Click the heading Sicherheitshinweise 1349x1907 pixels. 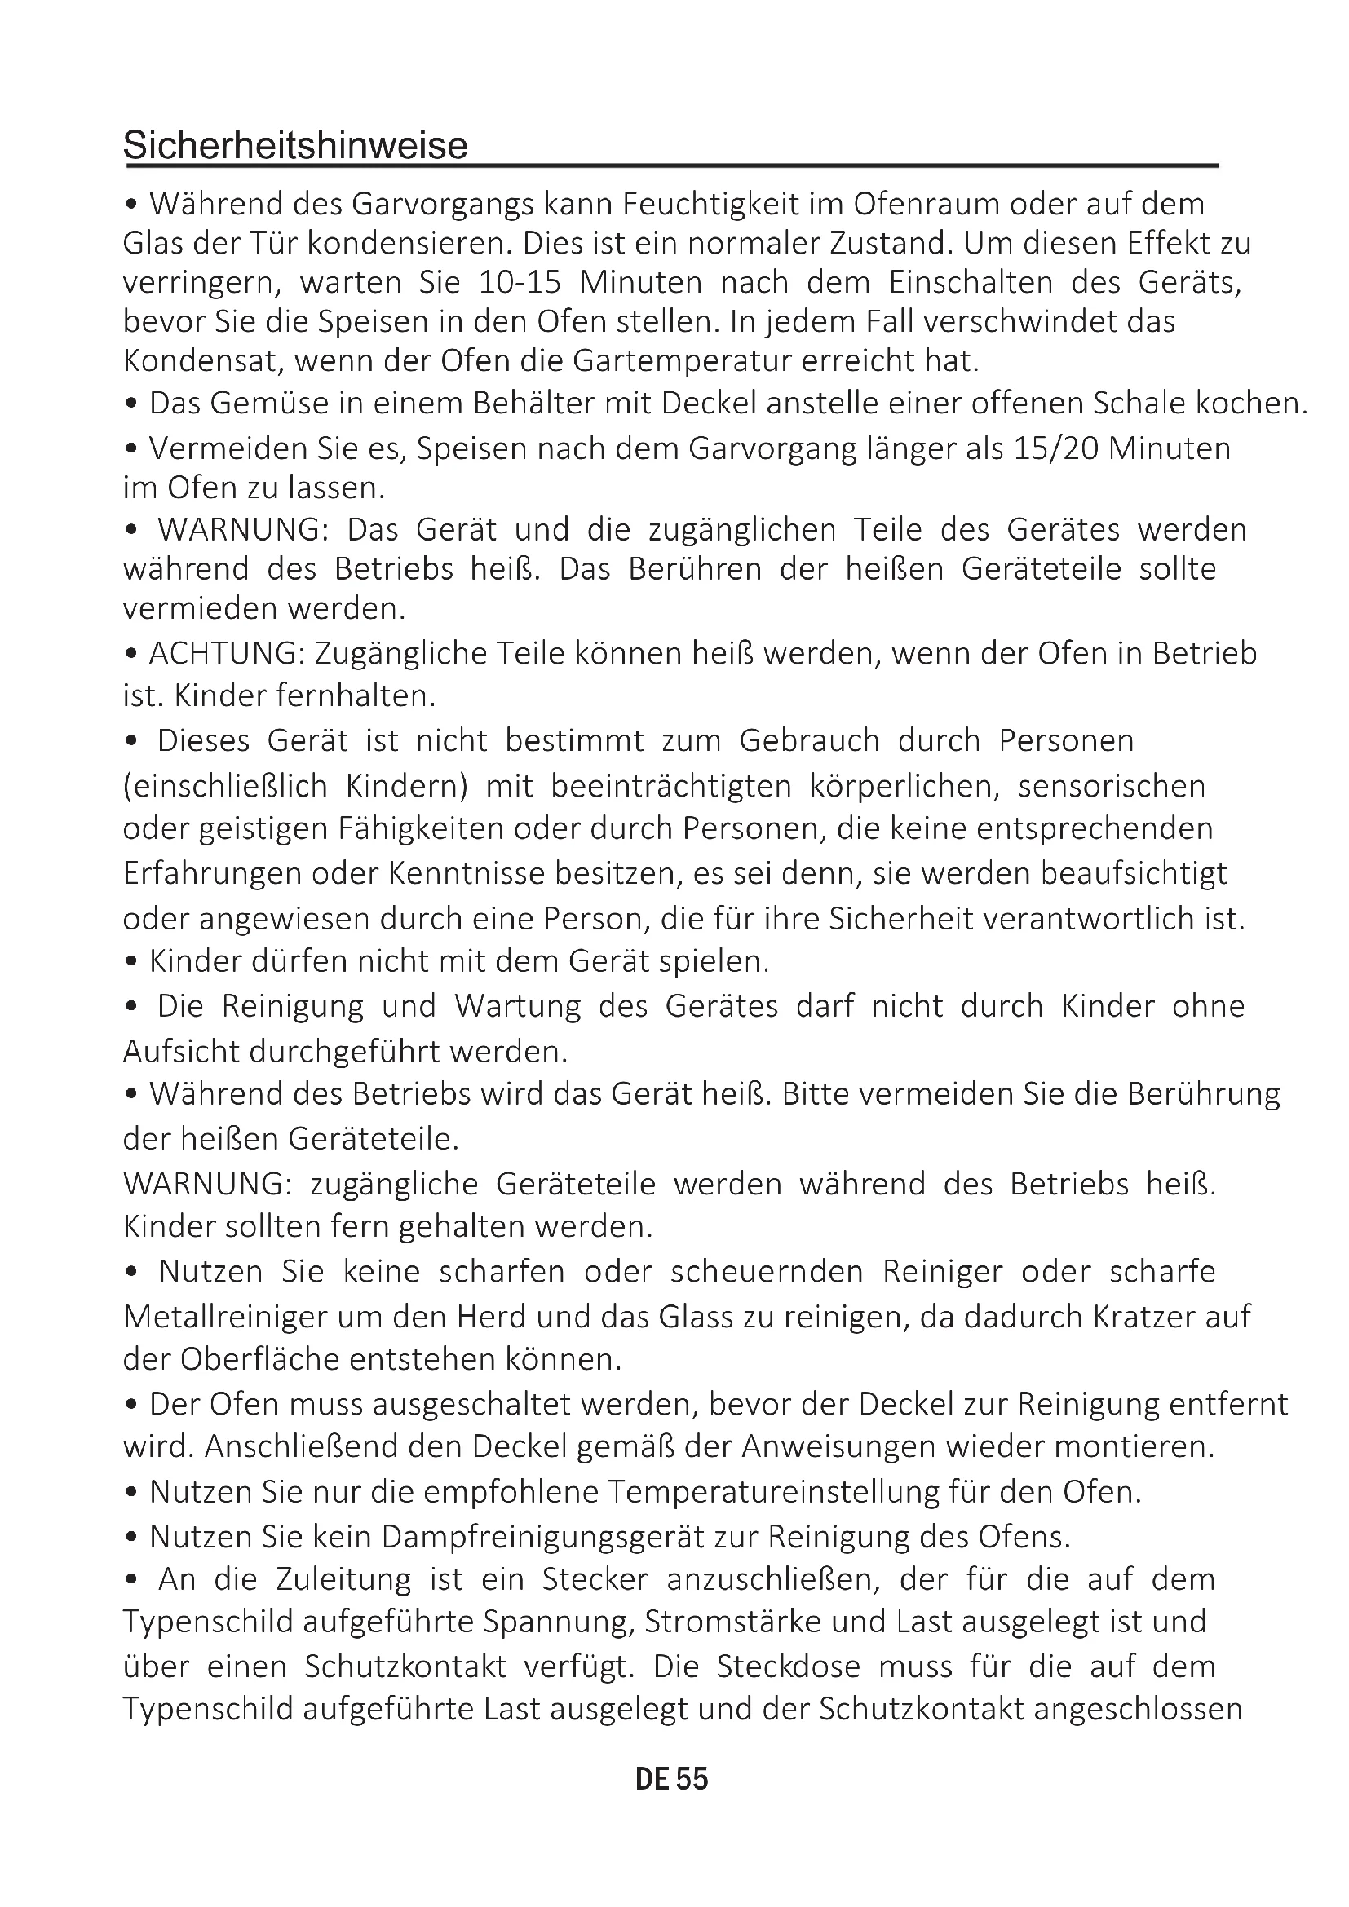pyautogui.click(x=296, y=145)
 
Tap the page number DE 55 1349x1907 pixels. pyautogui.click(x=671, y=1778)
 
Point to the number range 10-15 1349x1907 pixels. pyautogui.click(x=520, y=282)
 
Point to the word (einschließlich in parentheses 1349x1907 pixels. pyautogui.click(x=225, y=786)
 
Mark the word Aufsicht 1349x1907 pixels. pyautogui.click(x=177, y=1052)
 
